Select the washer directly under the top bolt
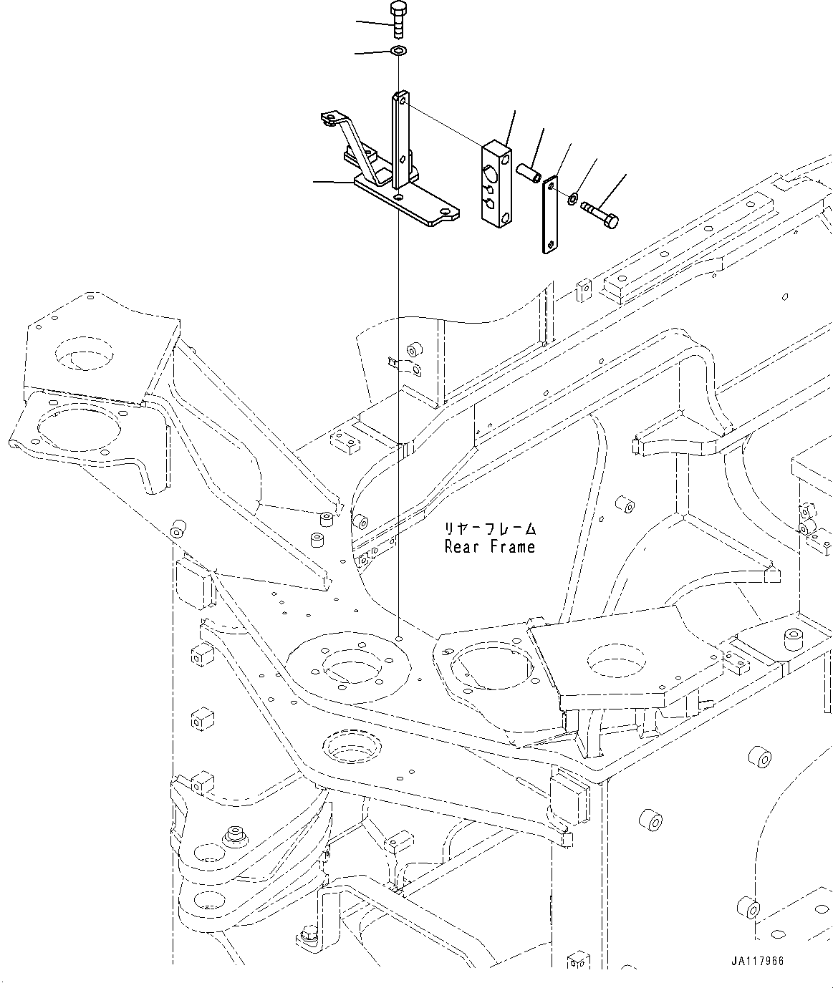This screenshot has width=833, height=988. (x=398, y=51)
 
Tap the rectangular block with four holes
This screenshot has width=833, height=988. (x=496, y=185)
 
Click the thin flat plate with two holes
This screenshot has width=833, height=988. (x=549, y=215)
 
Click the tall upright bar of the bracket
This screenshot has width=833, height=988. (x=400, y=140)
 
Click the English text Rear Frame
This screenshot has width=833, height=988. (x=489, y=547)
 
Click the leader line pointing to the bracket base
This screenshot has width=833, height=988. (x=334, y=182)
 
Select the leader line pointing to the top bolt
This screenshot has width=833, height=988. (x=373, y=24)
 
